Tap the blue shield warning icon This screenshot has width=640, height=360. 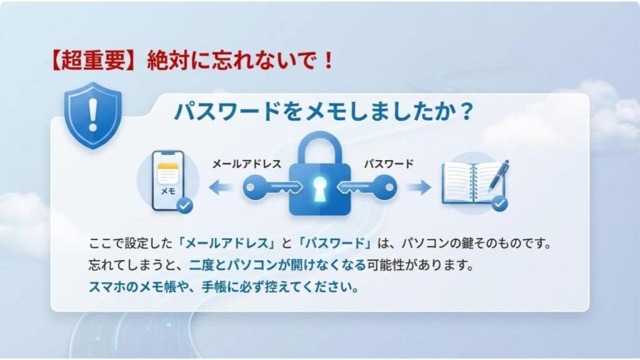(x=93, y=116)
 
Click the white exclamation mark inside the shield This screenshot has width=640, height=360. (x=93, y=115)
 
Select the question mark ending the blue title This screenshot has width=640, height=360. (x=465, y=111)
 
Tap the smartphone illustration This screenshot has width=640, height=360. (x=167, y=181)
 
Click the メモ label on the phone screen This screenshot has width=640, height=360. (x=167, y=191)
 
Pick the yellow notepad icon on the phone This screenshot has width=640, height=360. (x=167, y=173)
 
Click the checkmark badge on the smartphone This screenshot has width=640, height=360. (x=184, y=205)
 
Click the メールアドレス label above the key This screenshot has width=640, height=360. (x=246, y=164)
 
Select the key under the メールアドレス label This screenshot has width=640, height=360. (x=272, y=187)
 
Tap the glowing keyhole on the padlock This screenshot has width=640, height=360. (x=319, y=189)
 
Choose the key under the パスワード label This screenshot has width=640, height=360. (x=366, y=187)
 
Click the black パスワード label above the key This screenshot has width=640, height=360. (x=389, y=164)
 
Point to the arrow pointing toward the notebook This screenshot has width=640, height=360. (x=419, y=187)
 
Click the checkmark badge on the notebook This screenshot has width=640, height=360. (x=499, y=203)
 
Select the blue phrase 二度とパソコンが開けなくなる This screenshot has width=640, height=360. (x=277, y=265)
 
